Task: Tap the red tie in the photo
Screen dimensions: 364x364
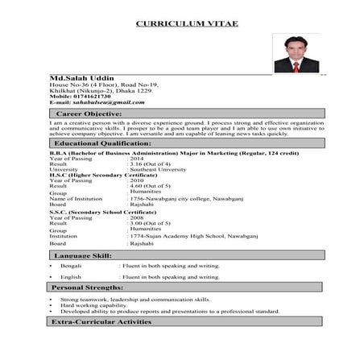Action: tap(296, 67)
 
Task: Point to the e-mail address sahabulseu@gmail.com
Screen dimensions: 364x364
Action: tap(97, 103)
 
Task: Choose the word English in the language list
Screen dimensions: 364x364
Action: tap(71, 276)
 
